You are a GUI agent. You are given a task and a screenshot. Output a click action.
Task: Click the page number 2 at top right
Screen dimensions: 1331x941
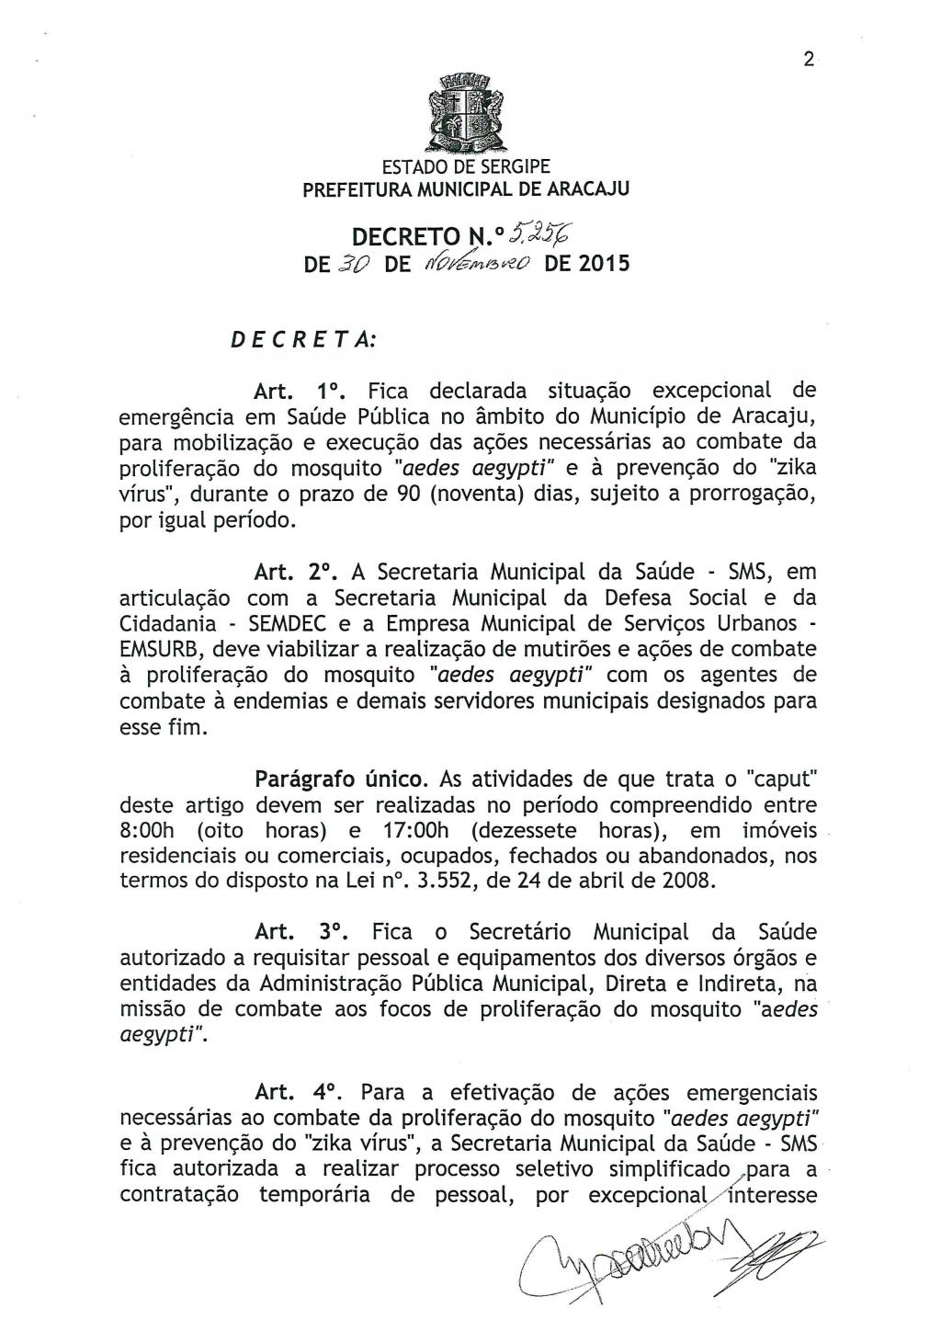pyautogui.click(x=808, y=60)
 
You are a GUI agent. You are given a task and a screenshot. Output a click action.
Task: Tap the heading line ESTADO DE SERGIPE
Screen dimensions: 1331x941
pyautogui.click(x=467, y=167)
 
